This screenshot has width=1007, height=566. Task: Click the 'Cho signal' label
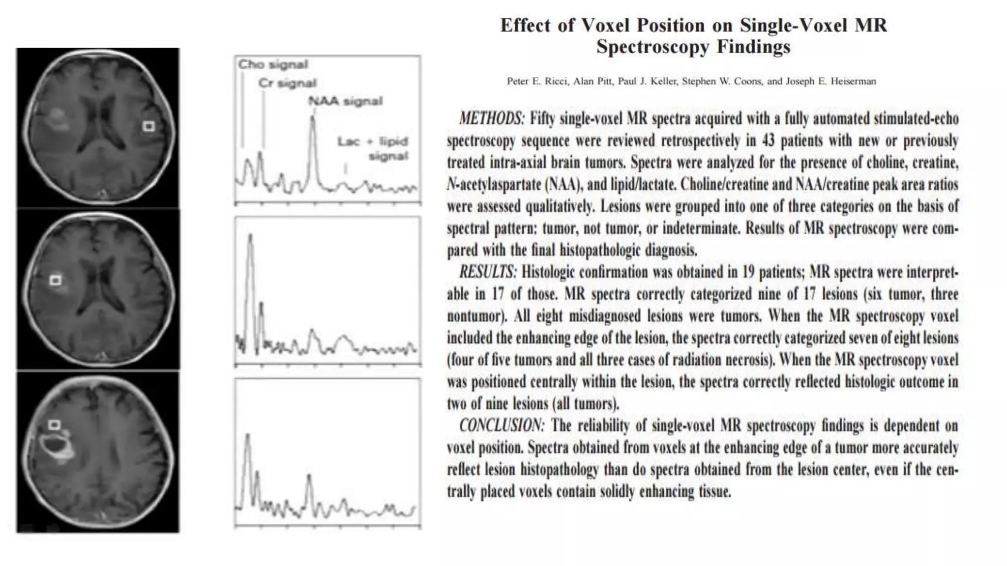[273, 65]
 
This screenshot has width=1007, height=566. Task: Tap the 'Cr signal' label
[288, 83]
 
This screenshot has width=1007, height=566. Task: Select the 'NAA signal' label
[345, 101]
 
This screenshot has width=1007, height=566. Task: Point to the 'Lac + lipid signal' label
[373, 148]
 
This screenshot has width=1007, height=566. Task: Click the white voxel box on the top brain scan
[148, 127]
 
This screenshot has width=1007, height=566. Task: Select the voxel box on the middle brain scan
[56, 281]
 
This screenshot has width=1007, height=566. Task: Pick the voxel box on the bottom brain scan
[54, 424]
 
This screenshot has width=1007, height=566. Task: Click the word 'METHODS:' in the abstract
[492, 118]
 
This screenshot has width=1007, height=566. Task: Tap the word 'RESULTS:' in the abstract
[488, 272]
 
